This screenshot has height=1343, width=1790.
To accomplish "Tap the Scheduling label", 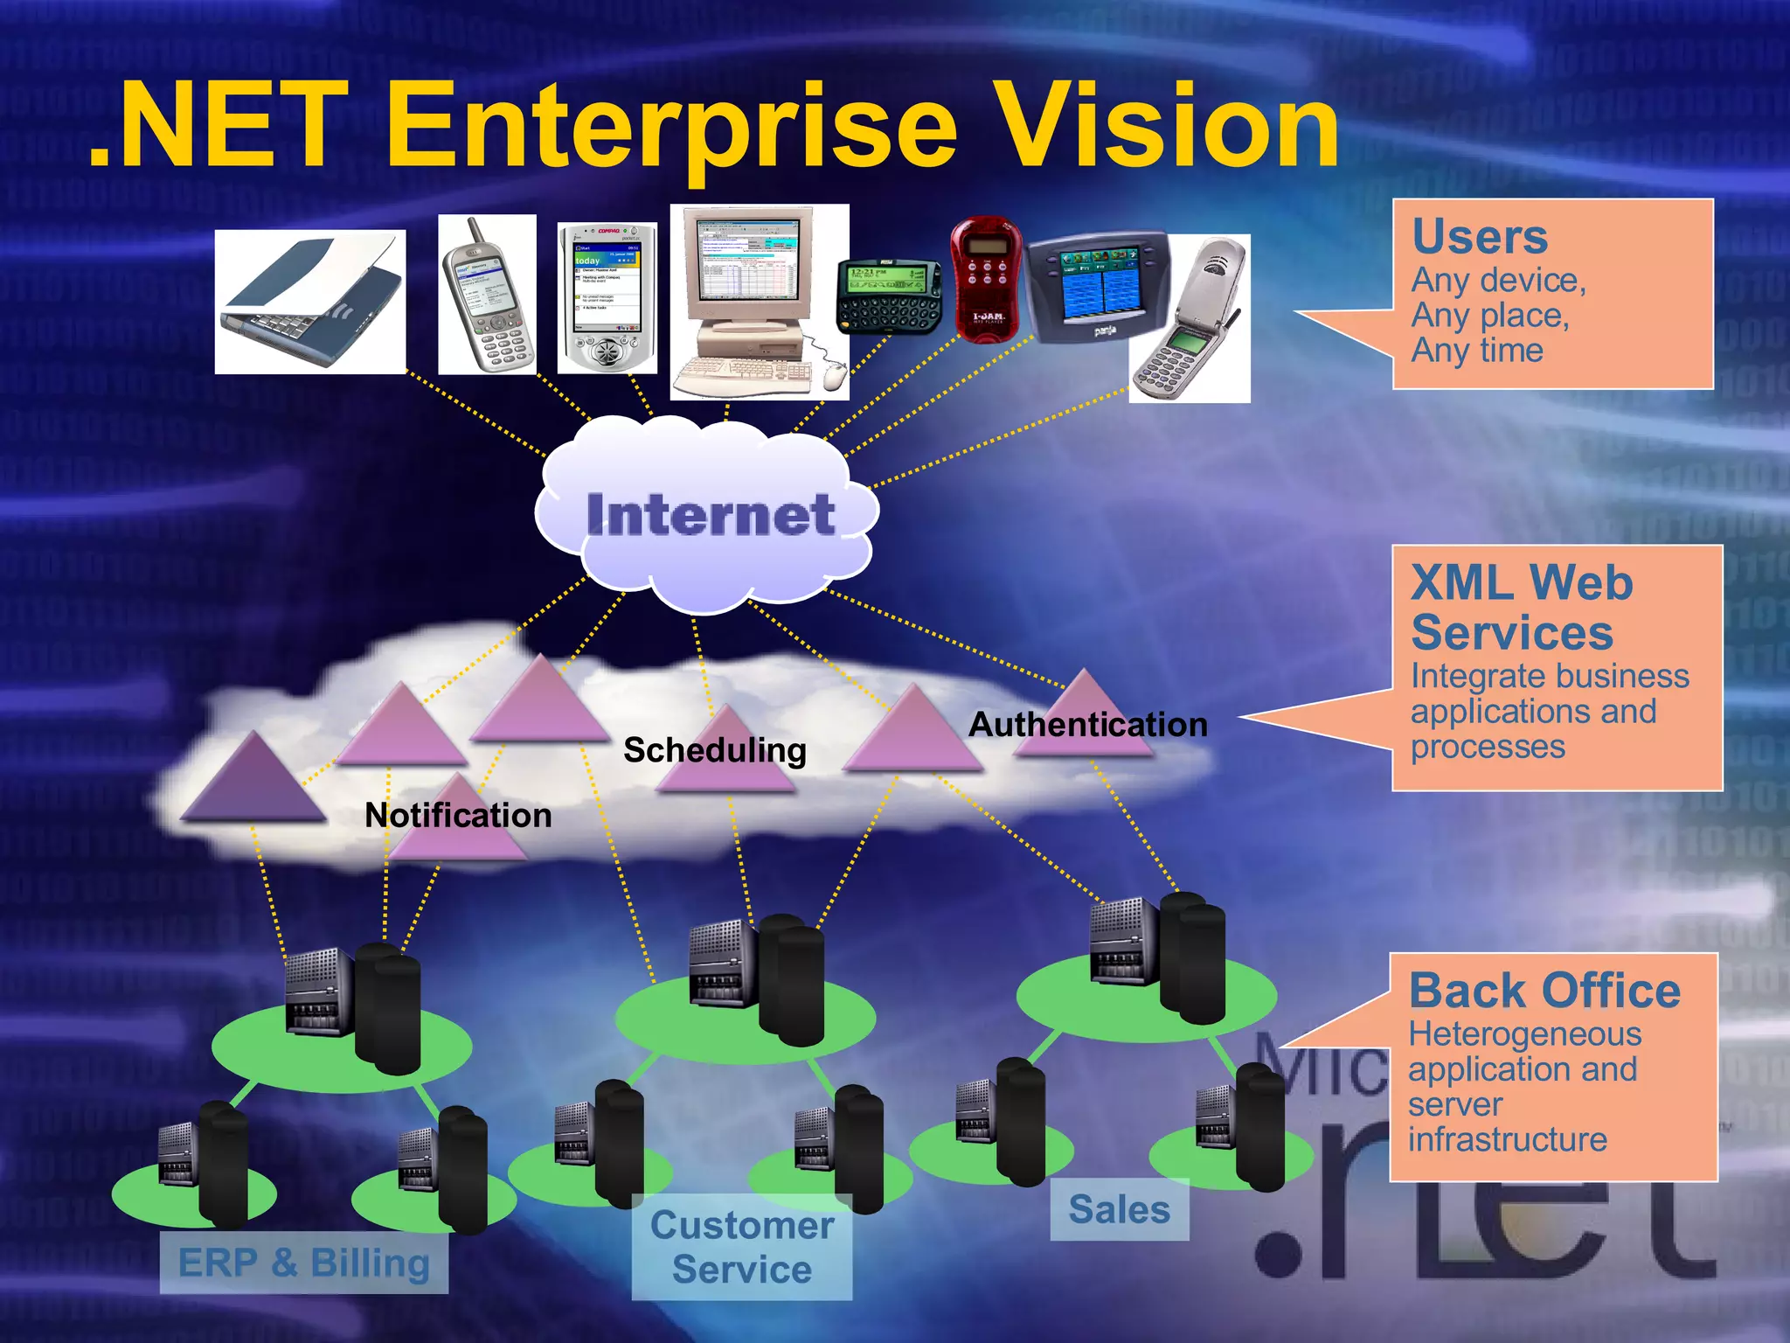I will click(x=714, y=750).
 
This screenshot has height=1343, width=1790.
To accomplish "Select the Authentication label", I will click(x=1087, y=725).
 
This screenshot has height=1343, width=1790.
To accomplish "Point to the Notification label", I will click(x=458, y=816).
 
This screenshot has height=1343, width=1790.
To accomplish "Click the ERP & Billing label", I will click(x=304, y=1263).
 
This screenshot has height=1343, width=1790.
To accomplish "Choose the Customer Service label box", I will click(x=741, y=1248).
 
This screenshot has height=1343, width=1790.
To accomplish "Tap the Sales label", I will click(x=1119, y=1210).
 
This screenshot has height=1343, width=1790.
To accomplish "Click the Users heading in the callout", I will click(x=1480, y=236).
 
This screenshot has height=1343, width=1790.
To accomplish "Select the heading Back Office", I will click(x=1544, y=991).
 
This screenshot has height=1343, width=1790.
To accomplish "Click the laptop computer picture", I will click(x=310, y=303).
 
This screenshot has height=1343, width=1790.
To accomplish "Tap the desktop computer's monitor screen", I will click(x=746, y=258).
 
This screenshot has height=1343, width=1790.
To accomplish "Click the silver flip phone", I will click(x=1190, y=319).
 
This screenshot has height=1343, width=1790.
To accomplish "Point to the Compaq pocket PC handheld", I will click(x=607, y=298).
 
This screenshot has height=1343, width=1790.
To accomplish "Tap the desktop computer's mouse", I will click(x=834, y=375).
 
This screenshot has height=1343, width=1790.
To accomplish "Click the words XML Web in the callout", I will click(x=1522, y=582).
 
